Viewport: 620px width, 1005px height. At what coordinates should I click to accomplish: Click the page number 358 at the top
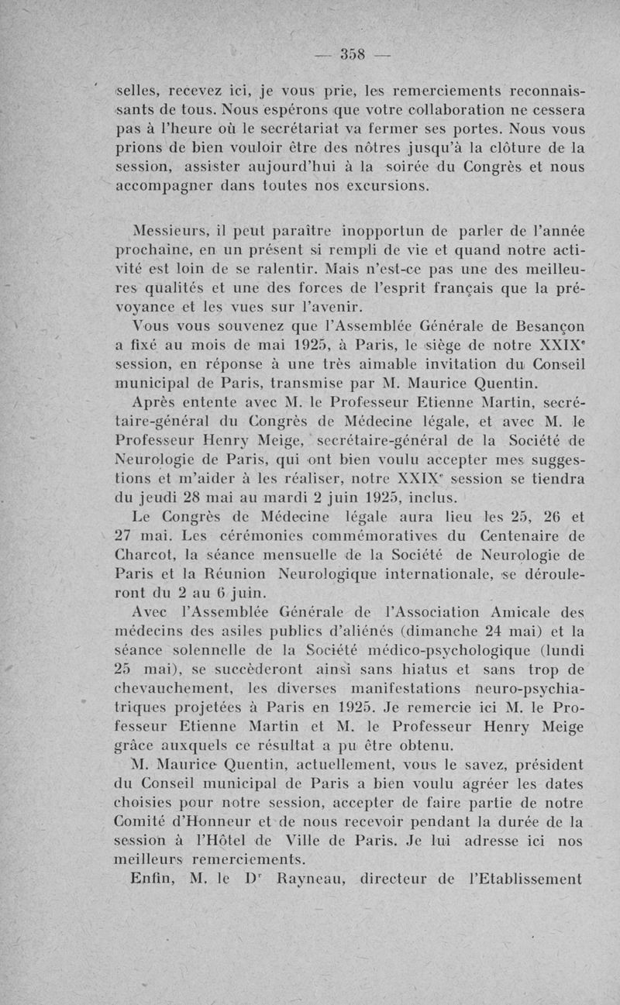[x=356, y=55]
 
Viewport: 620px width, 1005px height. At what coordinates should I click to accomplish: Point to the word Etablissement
[x=532, y=879]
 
